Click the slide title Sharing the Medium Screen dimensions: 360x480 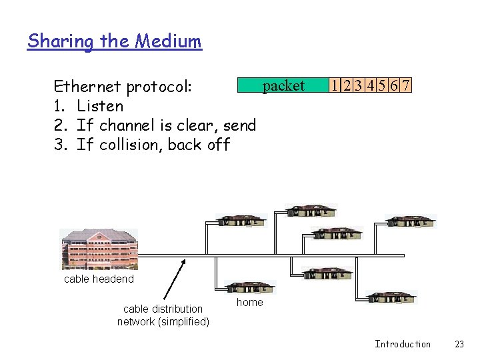tap(114, 41)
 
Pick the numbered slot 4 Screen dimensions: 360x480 tap(369, 86)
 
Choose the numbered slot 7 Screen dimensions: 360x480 tap(405, 86)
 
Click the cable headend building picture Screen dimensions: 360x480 tap(99, 249)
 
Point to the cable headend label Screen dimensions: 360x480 tap(99, 279)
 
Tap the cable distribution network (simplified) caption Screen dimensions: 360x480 tap(163, 315)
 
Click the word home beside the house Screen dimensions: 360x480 tap(250, 302)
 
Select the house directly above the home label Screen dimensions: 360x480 tap(250, 287)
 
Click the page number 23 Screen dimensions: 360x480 tap(459, 344)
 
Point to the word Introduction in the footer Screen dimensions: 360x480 tap(403, 344)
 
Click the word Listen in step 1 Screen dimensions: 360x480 tap(100, 106)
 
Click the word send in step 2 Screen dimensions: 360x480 tap(239, 125)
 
